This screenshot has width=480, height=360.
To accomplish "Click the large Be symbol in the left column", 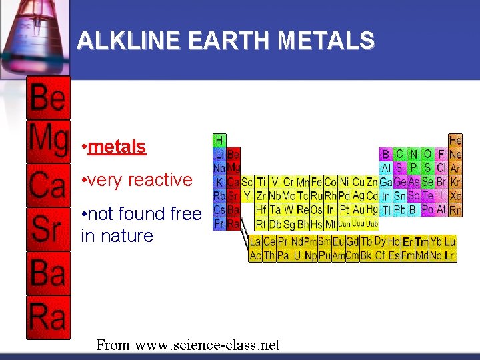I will point(48,99).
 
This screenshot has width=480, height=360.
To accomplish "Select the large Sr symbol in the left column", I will point(48,229).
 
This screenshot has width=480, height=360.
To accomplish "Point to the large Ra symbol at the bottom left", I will point(48,316).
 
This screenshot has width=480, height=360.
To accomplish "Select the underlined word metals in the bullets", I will point(117,147).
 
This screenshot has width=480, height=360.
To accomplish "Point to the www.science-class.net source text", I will point(207,345).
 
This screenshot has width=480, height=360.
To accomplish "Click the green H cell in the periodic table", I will point(219,140).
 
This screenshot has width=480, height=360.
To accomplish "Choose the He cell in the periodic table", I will point(455,141).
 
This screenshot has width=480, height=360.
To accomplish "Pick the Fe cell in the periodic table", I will point(317,182).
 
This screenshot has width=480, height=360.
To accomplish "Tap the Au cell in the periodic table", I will point(359,210).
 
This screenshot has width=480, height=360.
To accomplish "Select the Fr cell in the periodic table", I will point(219,224).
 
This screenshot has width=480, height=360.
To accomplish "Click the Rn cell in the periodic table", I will point(455,210).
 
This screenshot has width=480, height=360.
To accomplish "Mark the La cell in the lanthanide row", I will point(255,242).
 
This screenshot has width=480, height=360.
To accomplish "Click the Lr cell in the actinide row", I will point(451,255).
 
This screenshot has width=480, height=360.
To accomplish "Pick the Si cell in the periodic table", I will point(400,168).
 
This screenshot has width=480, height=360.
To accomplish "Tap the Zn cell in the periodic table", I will point(372,182).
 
